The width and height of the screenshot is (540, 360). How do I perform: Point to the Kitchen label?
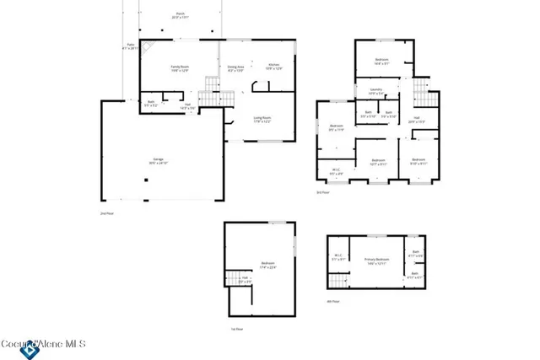[x=274, y=67]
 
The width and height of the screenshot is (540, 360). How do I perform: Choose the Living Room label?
[x=262, y=120]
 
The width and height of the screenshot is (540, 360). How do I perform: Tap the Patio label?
[x=131, y=46]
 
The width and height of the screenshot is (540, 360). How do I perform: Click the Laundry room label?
[x=376, y=90]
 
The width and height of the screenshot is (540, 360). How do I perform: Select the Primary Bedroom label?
[x=376, y=261]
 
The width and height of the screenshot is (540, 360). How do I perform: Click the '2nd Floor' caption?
[x=106, y=213]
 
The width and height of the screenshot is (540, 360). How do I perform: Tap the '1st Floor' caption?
[x=238, y=329]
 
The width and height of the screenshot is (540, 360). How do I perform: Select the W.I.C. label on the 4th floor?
[x=337, y=258]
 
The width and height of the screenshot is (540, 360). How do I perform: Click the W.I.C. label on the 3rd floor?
[x=336, y=171]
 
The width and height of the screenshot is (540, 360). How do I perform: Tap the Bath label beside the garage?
[x=150, y=104]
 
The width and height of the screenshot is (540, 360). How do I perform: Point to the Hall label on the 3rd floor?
[x=416, y=119]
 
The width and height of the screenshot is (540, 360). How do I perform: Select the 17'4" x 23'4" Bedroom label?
[x=268, y=265]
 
